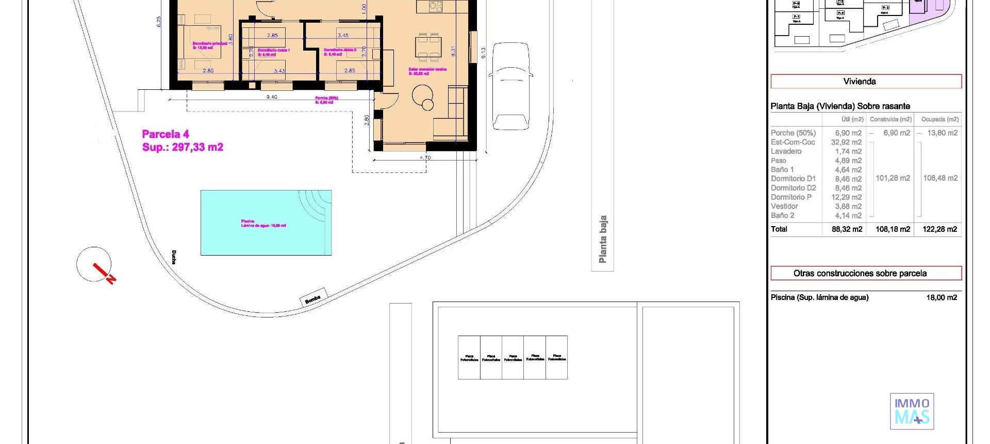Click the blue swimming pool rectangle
point(266,223)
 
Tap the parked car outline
point(510,86)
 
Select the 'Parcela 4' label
point(166,134)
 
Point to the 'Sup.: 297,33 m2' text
point(183,147)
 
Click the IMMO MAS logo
point(912,411)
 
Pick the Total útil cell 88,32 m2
point(847,229)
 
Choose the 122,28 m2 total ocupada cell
point(939,229)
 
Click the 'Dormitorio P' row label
point(791,197)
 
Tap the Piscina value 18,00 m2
point(942,297)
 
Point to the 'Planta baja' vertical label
point(602,239)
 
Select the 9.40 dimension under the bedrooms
point(271,97)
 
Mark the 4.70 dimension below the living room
point(425,157)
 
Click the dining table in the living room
point(428,45)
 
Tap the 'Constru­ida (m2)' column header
point(890,119)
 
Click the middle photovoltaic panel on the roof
point(513,357)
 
